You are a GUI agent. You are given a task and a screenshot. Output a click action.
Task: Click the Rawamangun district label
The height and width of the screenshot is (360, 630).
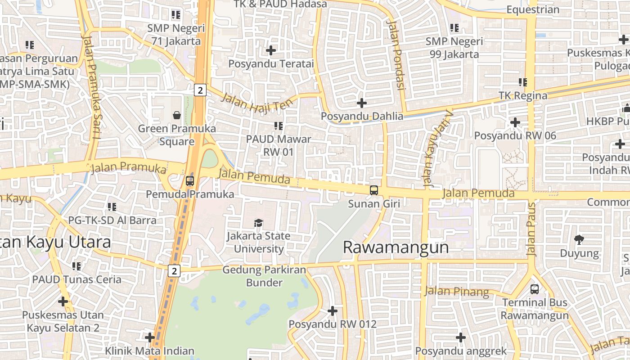pyautogui.click(x=396, y=247)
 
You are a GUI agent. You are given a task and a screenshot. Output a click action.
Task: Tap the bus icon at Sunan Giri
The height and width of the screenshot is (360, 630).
pyautogui.click(x=374, y=190)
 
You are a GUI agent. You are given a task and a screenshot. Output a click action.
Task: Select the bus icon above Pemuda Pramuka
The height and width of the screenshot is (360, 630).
pyautogui.click(x=190, y=181)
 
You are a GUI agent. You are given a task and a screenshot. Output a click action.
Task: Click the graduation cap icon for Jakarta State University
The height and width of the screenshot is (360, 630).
pyautogui.click(x=258, y=223)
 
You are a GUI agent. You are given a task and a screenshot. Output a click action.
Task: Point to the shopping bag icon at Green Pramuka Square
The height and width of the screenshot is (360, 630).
pyautogui.click(x=177, y=115)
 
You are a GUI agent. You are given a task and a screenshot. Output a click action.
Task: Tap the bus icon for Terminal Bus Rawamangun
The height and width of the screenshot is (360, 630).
pyautogui.click(x=535, y=289)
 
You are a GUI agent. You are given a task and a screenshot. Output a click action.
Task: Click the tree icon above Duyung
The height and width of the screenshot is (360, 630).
pyautogui.click(x=579, y=239)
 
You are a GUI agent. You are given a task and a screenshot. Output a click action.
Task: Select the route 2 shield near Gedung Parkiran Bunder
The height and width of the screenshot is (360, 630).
pyautogui.click(x=174, y=271)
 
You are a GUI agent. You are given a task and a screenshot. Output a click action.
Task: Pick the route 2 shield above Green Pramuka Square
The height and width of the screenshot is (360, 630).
pyautogui.click(x=200, y=90)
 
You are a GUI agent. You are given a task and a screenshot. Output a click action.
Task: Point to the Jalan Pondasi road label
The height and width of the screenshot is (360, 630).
pyautogui.click(x=396, y=54)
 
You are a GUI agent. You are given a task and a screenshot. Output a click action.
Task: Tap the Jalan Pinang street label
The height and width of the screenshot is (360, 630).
pyautogui.click(x=457, y=292)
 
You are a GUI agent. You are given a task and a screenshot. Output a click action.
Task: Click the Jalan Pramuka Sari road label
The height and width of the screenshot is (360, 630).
pyautogui.click(x=91, y=85)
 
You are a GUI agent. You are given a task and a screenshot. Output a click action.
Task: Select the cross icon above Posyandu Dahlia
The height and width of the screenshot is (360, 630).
pyautogui.click(x=362, y=103)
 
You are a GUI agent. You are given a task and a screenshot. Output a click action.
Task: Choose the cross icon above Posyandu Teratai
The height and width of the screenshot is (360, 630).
pyautogui.click(x=271, y=50)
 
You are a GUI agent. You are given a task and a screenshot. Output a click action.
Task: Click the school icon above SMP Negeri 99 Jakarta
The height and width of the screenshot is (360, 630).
pyautogui.click(x=454, y=28)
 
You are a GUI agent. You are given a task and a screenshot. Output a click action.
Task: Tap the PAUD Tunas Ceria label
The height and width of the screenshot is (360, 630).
pyautogui.click(x=76, y=279)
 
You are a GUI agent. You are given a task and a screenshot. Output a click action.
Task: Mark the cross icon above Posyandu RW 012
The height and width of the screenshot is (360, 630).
pyautogui.click(x=333, y=310)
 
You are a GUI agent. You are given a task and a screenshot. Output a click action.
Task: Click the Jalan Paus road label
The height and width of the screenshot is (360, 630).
pyautogui.click(x=532, y=229)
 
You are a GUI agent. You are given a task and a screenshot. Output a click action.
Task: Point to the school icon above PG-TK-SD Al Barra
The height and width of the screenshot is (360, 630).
pyautogui.click(x=112, y=207)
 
